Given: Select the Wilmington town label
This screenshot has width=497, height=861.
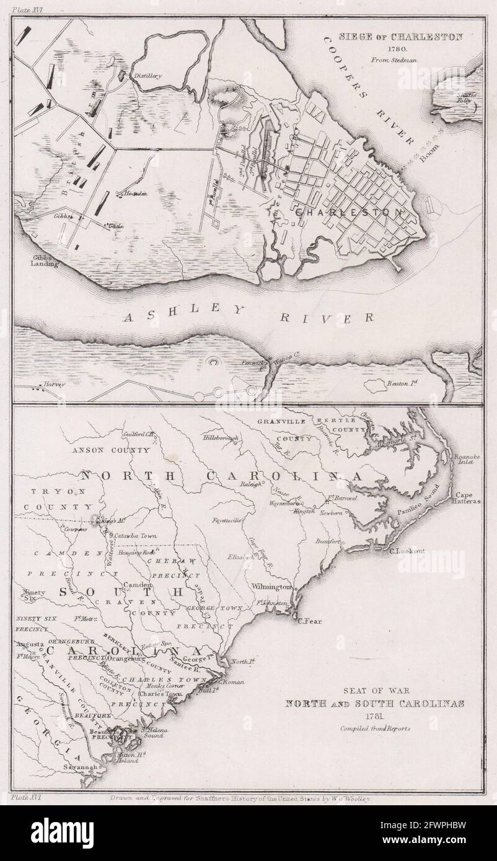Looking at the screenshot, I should [271, 586].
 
